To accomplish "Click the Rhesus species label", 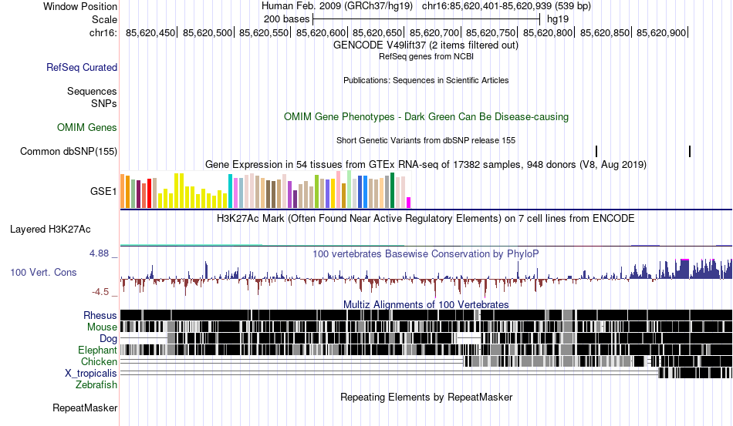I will coord(100,315).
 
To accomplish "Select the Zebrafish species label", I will coord(96,384).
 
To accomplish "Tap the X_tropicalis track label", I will coord(91,373).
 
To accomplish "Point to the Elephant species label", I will coord(97,350).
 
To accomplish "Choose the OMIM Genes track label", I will coord(87,127).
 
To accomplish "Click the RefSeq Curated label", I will coord(82,67).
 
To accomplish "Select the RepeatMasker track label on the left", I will coord(85,408).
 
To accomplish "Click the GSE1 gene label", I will coord(103,191).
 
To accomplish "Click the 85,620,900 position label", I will coord(662,32).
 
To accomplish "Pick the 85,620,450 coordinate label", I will coord(151,32).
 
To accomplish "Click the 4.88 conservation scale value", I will coord(100,253).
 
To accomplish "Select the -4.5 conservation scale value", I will coord(101,292).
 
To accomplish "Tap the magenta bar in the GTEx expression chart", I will coord(409,202).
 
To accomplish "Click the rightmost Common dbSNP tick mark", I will coord(689,151).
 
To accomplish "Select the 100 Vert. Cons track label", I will coord(43,272).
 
